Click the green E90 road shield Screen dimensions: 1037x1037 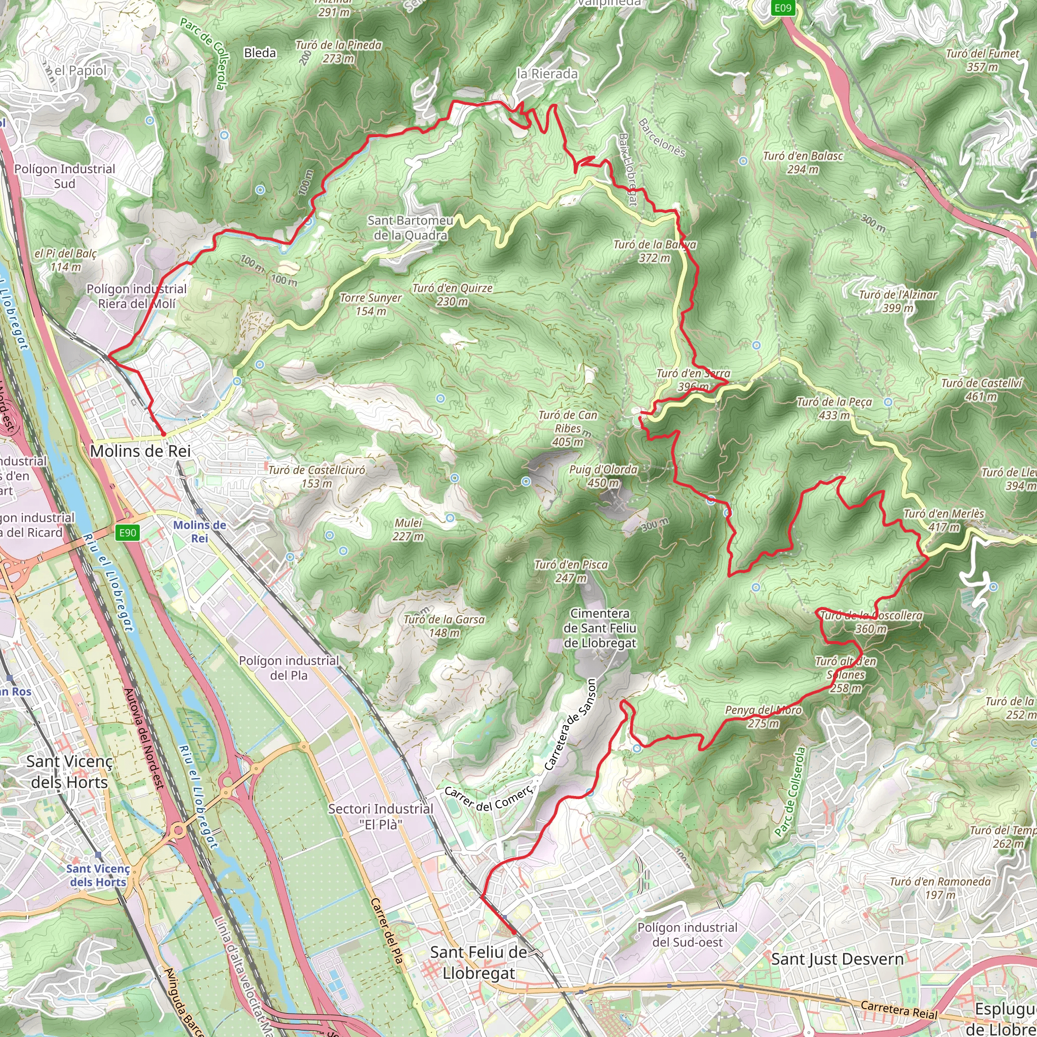pos(128,533)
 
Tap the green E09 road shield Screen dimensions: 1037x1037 pos(783,8)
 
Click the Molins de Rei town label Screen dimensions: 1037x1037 pos(140,451)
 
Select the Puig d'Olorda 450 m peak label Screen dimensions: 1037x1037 pos(603,476)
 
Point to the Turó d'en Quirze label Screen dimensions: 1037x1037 pos(452,295)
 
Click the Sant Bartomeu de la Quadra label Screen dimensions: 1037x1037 pos(411,227)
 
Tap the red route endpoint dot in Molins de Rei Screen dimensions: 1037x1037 pos(163,433)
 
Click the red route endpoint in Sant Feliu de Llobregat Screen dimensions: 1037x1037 pos(513,932)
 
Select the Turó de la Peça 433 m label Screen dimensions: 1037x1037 pos(834,409)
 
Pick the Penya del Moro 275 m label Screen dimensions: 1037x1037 pos(763,716)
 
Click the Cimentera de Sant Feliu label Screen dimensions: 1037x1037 pos(600,628)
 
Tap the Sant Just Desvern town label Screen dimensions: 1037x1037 pos(837,959)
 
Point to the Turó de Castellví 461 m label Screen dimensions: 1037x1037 pos(982,390)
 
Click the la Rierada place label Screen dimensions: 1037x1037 pos(547,74)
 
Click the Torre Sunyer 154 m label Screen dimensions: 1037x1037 pos(370,304)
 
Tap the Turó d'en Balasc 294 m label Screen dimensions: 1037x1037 pos(803,163)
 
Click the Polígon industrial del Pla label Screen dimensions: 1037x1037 pos(289,668)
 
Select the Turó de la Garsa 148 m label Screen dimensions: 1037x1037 pos(444,626)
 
